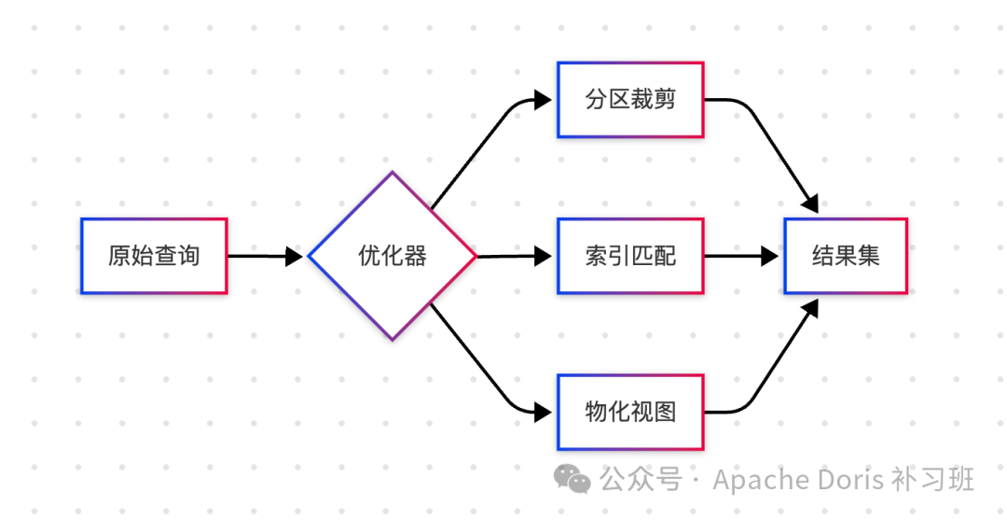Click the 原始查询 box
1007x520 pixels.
point(154,256)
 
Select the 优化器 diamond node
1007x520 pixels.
point(393,256)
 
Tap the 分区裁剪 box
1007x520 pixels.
point(630,100)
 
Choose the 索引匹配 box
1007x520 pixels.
point(630,256)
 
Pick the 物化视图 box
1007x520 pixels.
point(630,412)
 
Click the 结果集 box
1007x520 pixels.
point(846,256)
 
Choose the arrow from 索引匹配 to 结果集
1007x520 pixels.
point(741,256)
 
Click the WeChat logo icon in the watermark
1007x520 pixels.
point(572,479)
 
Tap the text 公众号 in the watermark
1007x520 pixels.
point(640,480)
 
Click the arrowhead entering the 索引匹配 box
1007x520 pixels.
point(544,256)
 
